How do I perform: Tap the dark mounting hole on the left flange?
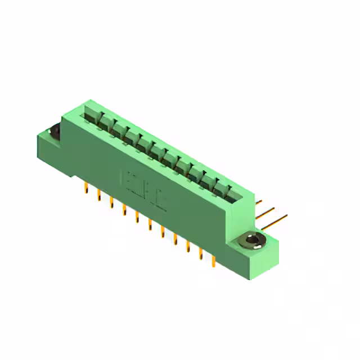[55, 132]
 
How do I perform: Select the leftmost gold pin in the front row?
[86, 188]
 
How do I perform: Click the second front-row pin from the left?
[99, 195]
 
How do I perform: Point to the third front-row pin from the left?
[111, 202]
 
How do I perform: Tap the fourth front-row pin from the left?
[124, 210]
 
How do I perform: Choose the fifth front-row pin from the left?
[137, 217]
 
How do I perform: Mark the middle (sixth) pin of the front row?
[150, 224]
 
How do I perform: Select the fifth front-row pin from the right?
[163, 232]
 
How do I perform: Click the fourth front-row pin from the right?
[175, 239]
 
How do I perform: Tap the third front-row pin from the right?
[188, 246]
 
